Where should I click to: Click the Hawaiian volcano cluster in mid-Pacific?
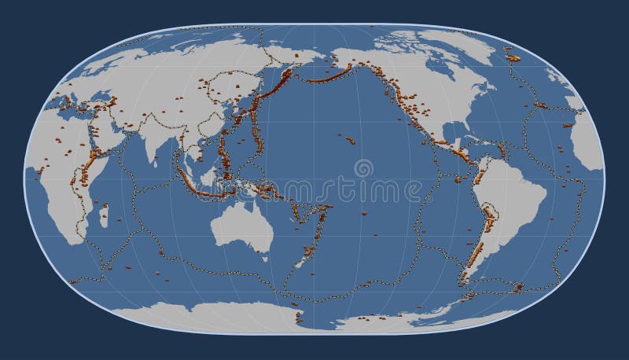pos(348,140)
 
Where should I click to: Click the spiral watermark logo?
pos(363,167)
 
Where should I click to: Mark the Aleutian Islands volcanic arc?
pos(322,76)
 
